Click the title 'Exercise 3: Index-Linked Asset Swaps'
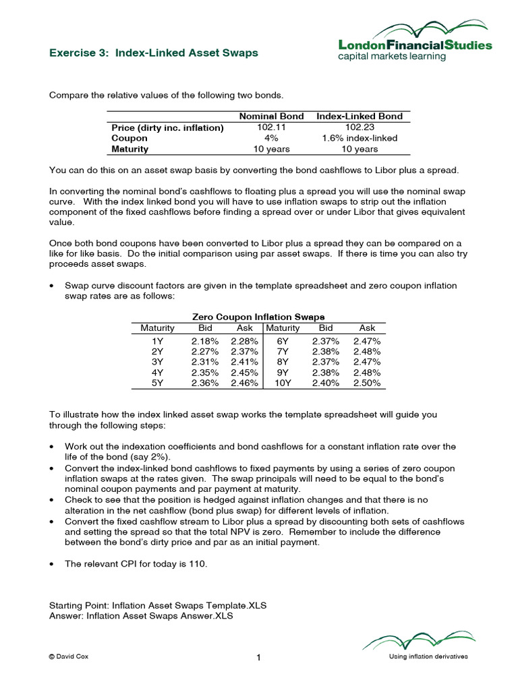tap(154, 53)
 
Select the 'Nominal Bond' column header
tap(272, 116)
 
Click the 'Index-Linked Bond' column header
tap(359, 116)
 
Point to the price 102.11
tap(272, 127)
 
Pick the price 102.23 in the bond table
tap(359, 127)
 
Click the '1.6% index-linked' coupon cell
tap(359, 138)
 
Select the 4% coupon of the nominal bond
tap(272, 138)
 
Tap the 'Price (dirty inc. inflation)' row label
tap(167, 127)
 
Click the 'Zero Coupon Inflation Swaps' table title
tap(258, 317)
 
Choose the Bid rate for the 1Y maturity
tap(204, 342)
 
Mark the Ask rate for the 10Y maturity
tap(367, 383)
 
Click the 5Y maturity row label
tap(157, 383)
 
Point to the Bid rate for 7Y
tap(326, 352)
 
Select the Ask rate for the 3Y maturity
tap(244, 362)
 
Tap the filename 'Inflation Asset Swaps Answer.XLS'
tap(161, 616)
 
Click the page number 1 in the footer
tap(258, 658)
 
